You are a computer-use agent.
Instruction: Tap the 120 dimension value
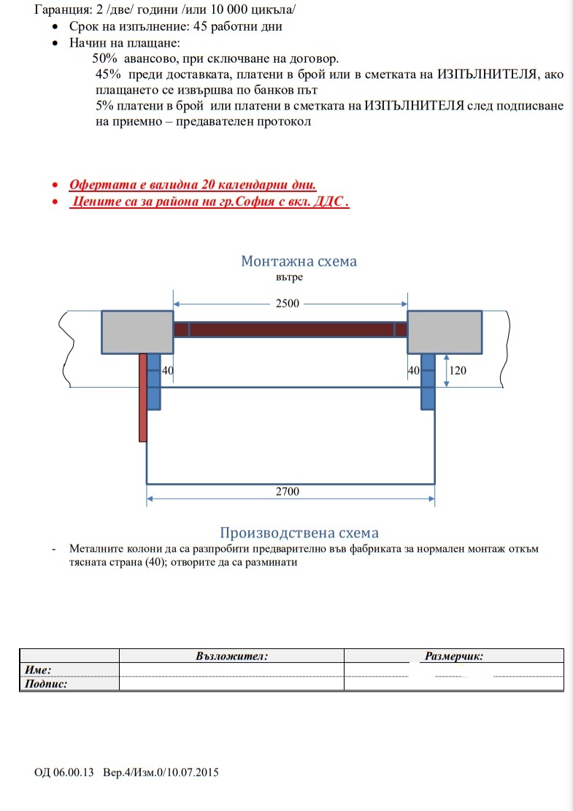pyautogui.click(x=458, y=370)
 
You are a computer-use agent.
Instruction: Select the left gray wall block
pyautogui.click(x=136, y=332)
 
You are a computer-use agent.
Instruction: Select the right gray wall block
pyautogui.click(x=444, y=332)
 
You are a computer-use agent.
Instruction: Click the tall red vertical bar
pyautogui.click(x=143, y=398)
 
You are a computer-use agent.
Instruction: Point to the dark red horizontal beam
pyautogui.click(x=290, y=329)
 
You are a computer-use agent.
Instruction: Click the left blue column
pyautogui.click(x=154, y=380)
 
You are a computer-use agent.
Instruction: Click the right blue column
pyautogui.click(x=428, y=380)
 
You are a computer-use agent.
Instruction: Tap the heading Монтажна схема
pyautogui.click(x=299, y=261)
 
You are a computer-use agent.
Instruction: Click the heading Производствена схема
pyautogui.click(x=299, y=534)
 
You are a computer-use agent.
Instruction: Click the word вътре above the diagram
pyautogui.click(x=290, y=277)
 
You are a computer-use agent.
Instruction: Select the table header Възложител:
pyautogui.click(x=232, y=656)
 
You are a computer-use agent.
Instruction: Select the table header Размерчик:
pyautogui.click(x=454, y=656)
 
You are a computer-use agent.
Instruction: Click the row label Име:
pyautogui.click(x=38, y=669)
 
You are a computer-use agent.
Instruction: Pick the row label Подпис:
pyautogui.click(x=46, y=684)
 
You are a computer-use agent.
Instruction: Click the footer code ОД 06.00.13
pyautogui.click(x=64, y=772)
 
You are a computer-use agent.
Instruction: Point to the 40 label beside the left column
pyautogui.click(x=167, y=371)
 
